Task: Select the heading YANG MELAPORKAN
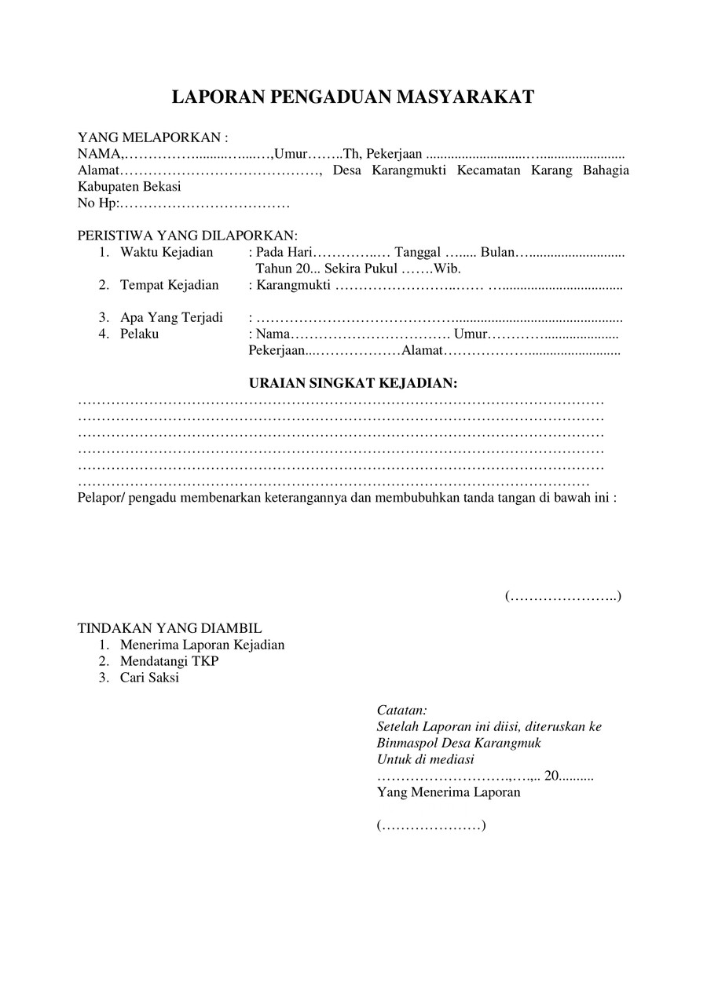point(152,137)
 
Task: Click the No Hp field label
point(97,203)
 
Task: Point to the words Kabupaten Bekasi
point(129,187)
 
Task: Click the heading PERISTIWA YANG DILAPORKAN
point(188,236)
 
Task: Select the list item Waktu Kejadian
point(167,252)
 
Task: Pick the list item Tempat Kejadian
point(169,285)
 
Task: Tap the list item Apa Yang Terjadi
point(171,318)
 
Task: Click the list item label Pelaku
point(139,334)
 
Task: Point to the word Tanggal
point(418,252)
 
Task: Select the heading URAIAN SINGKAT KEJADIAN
point(353,383)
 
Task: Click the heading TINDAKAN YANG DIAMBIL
point(170,628)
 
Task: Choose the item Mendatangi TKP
point(169,661)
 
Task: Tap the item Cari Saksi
point(149,678)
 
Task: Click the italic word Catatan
point(401,710)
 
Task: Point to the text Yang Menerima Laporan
point(449,792)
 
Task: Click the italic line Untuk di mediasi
point(425,759)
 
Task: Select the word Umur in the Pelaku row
point(470,334)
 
